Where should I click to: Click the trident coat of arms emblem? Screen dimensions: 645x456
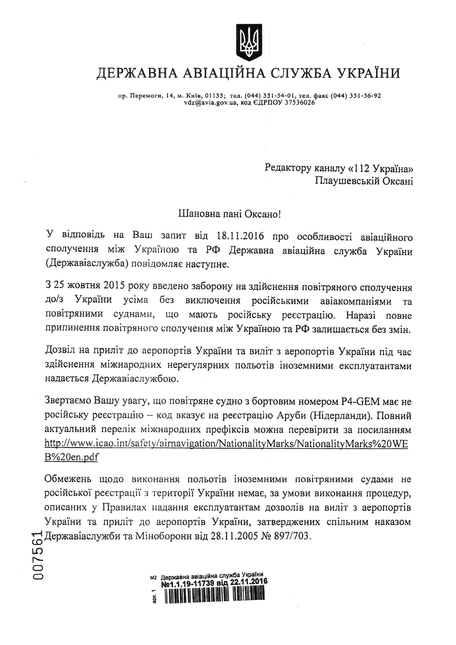(x=249, y=42)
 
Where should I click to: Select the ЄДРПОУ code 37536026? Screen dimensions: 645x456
(x=300, y=103)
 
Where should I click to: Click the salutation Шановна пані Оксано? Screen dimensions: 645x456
(x=230, y=215)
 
